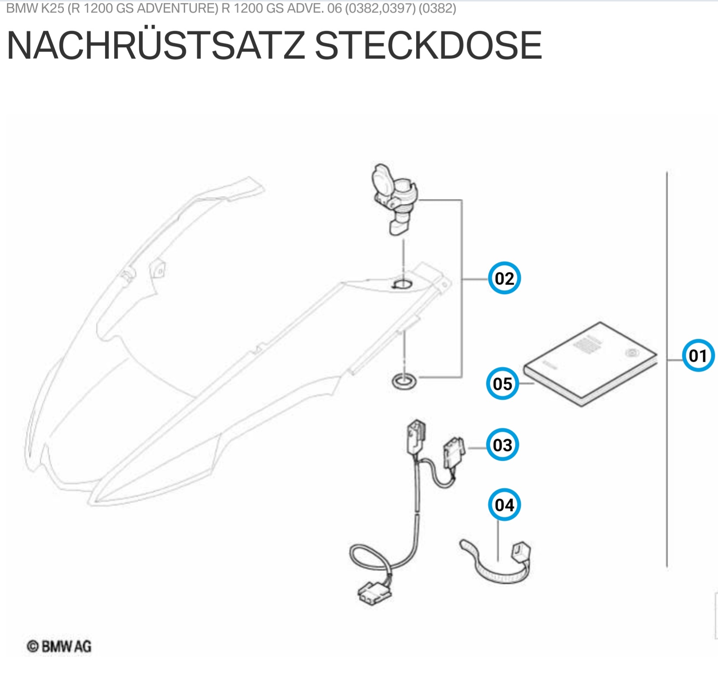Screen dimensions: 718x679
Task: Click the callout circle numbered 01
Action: coord(698,356)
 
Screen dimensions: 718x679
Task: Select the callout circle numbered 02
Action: coord(504,278)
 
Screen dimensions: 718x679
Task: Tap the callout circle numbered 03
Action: coord(503,445)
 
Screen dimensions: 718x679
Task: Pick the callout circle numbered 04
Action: coord(504,505)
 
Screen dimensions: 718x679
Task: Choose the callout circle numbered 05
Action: coord(503,384)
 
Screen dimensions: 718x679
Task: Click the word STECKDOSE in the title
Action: coord(428,45)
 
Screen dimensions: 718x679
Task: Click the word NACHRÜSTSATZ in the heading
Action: coord(156,45)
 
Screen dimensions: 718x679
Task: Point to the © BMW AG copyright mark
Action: coord(59,646)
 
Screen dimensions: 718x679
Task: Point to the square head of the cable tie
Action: coord(521,552)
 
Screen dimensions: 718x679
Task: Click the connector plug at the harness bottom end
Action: coord(374,592)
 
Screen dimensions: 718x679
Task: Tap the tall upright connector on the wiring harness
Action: coord(416,436)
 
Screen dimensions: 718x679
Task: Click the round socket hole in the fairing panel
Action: coord(402,285)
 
